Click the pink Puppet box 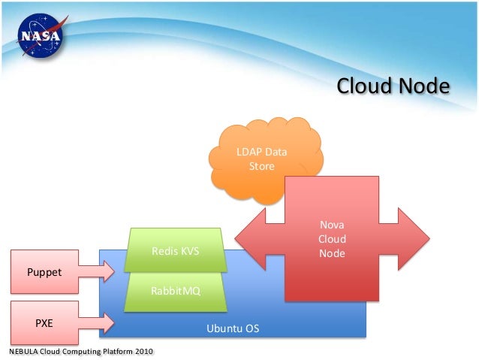tap(44, 270)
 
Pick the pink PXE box tap(44, 322)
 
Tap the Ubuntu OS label tap(233, 328)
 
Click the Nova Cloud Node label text tap(332, 239)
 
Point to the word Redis tap(164, 251)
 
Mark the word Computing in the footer tap(77, 351)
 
